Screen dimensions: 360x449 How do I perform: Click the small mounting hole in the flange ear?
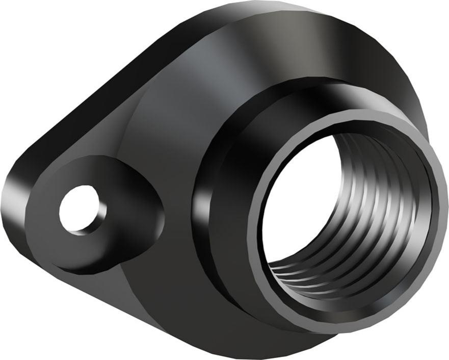(x=76, y=210)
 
